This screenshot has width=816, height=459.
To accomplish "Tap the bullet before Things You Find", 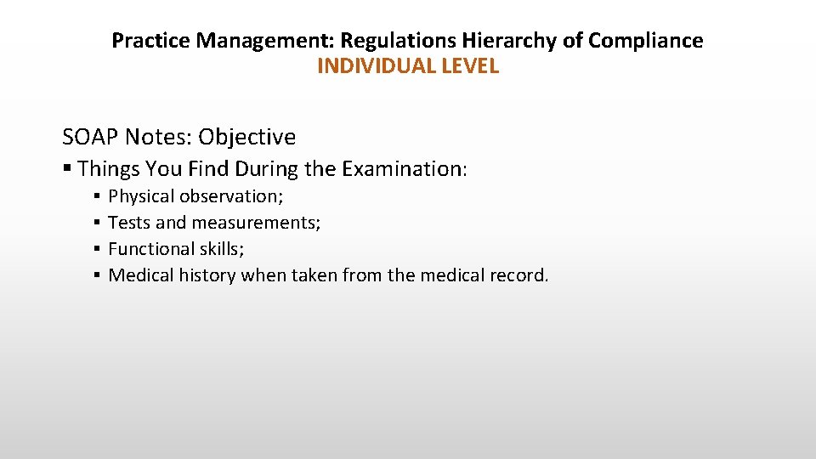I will pyautogui.click(x=67, y=168).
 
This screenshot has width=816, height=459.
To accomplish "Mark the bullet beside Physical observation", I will pyautogui.click(x=98, y=197).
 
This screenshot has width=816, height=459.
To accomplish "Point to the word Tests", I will pyautogui.click(x=129, y=223).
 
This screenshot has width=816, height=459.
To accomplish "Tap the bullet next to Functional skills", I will pyautogui.click(x=98, y=250).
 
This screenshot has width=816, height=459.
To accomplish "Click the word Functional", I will pyautogui.click(x=152, y=249).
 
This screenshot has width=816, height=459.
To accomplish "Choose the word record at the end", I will pyautogui.click(x=519, y=275).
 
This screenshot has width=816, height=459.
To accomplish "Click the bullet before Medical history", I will pyautogui.click(x=98, y=276).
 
